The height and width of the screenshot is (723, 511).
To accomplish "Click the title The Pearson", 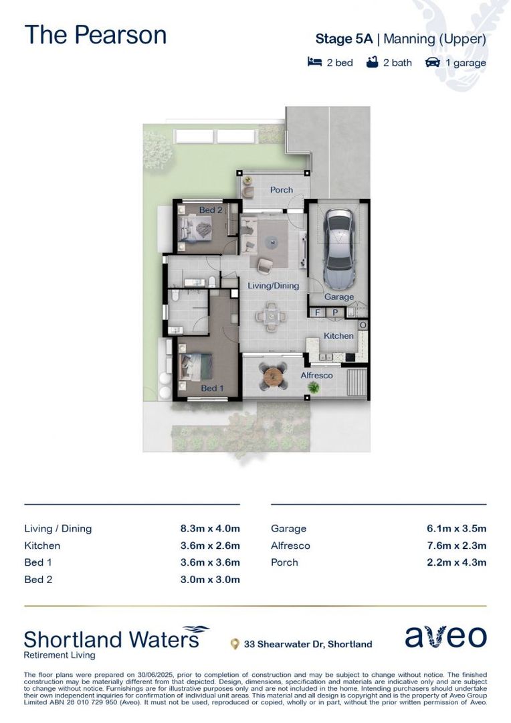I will click(x=95, y=35).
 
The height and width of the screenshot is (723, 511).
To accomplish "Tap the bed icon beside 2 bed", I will click(x=314, y=63).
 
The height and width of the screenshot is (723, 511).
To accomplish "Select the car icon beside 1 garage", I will click(x=433, y=63).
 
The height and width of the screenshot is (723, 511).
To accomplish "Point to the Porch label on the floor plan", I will click(x=282, y=190).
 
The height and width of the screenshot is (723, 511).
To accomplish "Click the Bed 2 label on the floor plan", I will click(x=211, y=210).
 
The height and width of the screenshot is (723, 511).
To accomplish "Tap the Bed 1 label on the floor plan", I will click(x=209, y=388).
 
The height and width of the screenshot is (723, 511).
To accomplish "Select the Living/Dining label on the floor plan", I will click(x=274, y=286).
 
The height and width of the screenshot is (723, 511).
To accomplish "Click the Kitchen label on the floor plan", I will click(x=339, y=335).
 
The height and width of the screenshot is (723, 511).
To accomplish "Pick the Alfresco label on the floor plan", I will click(x=316, y=376).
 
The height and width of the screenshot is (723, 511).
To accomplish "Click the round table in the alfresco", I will click(x=275, y=378).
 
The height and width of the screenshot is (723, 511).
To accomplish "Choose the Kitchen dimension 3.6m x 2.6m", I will click(x=209, y=546).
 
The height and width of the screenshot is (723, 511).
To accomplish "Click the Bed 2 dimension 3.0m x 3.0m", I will click(x=209, y=580).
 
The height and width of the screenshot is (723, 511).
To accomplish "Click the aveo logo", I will click(x=445, y=637).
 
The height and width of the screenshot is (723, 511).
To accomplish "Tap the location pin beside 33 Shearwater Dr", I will click(x=234, y=645).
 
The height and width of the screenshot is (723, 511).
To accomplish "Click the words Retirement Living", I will click(x=59, y=655).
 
